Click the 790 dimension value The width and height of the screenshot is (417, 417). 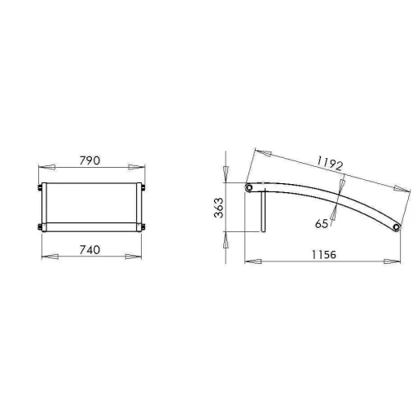(90, 160)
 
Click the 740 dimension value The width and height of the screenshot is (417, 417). (90, 250)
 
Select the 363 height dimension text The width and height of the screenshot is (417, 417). (219, 208)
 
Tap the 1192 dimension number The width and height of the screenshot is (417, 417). (330, 164)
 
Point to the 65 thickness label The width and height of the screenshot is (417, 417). (322, 224)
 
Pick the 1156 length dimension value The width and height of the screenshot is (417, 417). (324, 255)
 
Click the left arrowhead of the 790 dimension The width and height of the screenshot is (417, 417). (47, 167)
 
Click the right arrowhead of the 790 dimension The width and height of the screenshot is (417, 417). (137, 167)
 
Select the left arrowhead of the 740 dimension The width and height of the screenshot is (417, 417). (50, 257)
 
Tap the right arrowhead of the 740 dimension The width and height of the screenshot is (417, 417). (134, 257)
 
